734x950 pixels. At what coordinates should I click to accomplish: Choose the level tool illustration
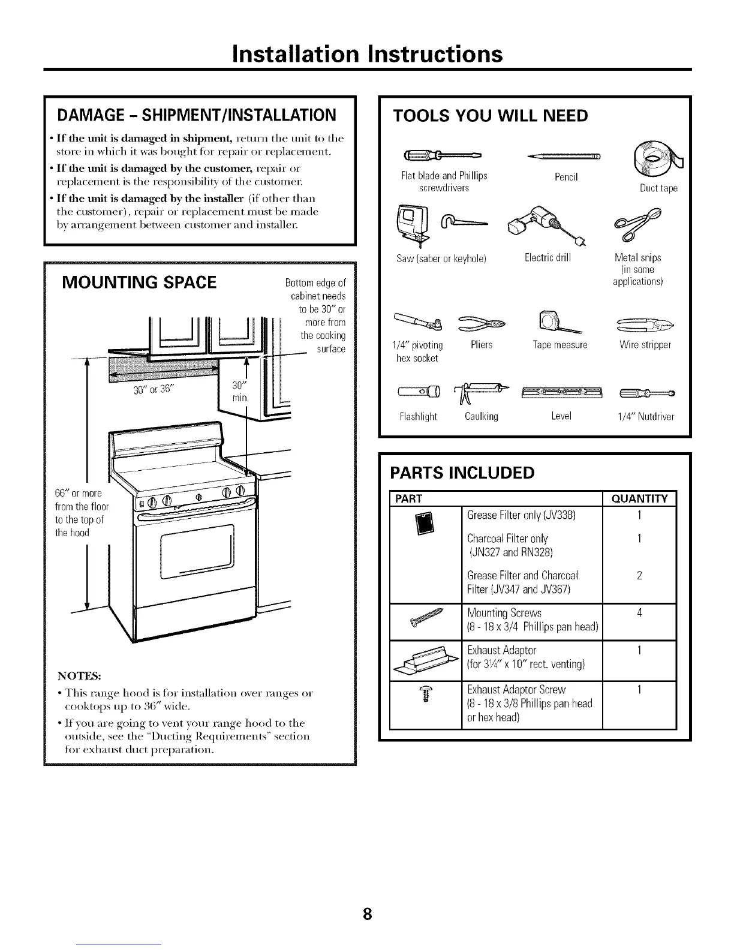coord(561,393)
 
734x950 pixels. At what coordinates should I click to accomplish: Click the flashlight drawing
coord(419,393)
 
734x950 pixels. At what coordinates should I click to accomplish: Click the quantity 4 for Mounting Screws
coord(639,613)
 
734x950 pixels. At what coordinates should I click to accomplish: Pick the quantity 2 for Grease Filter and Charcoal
coord(639,576)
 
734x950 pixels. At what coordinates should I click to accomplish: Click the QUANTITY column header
coord(639,499)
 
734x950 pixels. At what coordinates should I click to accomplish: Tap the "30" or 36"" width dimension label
coord(154,389)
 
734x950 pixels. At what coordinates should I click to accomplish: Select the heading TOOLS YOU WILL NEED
coord(489,116)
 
